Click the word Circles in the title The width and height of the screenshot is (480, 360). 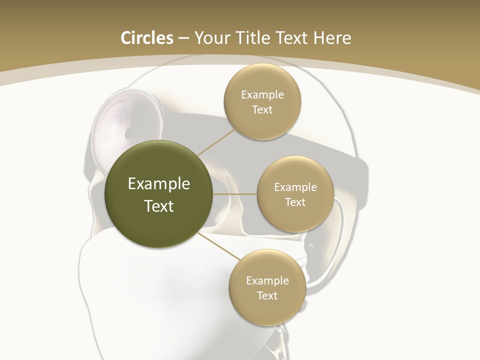tap(146, 38)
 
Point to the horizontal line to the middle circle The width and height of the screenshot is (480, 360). tap(235, 194)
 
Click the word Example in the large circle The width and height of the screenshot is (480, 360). tap(159, 184)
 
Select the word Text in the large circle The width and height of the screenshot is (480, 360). tap(159, 206)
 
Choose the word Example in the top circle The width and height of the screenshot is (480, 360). tap(262, 95)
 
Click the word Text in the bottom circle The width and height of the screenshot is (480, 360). tap(267, 295)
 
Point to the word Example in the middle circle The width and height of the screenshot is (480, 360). tap(295, 187)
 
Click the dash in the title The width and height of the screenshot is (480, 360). tap(183, 38)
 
